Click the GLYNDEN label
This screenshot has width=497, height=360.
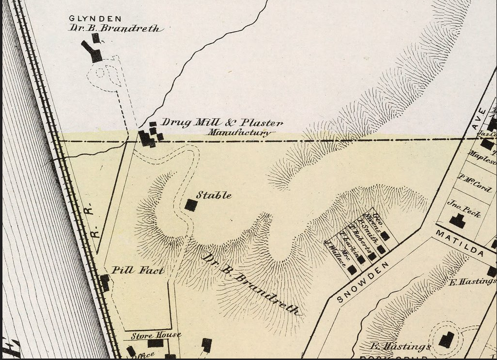pos(95,19)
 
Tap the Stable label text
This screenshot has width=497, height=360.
pos(213,195)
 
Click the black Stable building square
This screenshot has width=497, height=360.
pos(191,205)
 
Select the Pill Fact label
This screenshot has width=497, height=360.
pos(138,270)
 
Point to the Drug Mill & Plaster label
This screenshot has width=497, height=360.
pos(222,123)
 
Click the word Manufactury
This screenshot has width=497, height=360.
pos(239,133)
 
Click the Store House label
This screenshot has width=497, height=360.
pos(156,336)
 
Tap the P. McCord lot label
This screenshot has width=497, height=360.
pos(475,183)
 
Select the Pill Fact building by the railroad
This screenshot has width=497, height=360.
pos(104,283)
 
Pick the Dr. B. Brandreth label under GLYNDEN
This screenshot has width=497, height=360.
pos(114,28)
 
